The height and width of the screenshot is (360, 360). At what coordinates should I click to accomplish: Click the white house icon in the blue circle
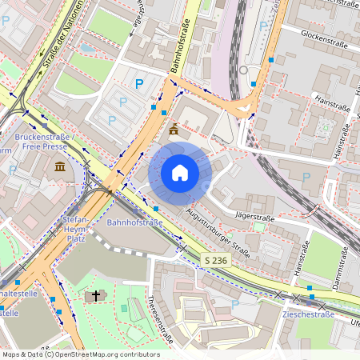[180, 173]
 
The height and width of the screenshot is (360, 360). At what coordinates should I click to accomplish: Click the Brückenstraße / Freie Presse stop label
[45, 142]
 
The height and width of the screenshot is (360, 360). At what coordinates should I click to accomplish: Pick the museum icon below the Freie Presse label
[60, 166]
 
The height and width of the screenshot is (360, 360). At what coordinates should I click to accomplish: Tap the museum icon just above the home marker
[174, 130]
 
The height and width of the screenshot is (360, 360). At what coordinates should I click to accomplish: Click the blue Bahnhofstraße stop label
[134, 222]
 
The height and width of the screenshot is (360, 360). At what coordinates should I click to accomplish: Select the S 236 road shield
[215, 261]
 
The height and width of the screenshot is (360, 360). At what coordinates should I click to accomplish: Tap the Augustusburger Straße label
[216, 227]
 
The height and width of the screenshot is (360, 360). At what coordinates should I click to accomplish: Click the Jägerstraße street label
[255, 217]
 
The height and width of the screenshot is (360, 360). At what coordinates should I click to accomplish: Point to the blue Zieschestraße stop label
[308, 314]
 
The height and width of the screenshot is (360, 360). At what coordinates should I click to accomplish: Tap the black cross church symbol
[95, 296]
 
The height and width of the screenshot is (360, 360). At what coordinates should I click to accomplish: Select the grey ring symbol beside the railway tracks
[243, 70]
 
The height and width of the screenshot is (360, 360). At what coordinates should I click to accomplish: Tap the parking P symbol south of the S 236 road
[234, 305]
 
